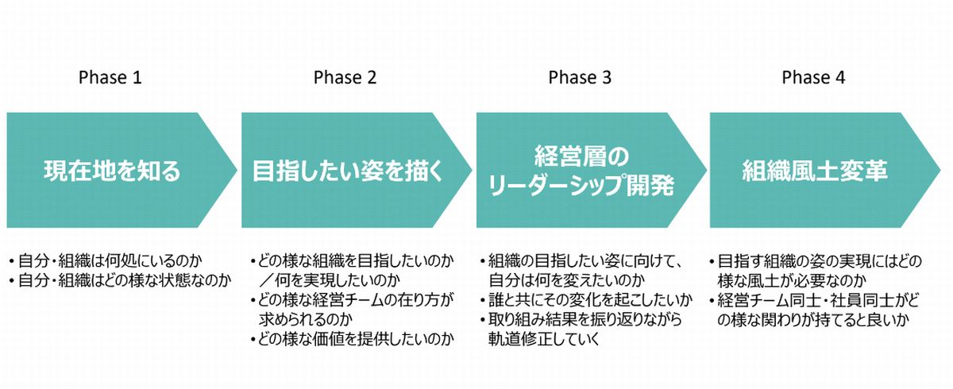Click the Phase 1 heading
(x=110, y=78)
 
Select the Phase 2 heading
(x=345, y=78)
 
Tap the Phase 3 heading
(x=580, y=78)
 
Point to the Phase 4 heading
(x=813, y=78)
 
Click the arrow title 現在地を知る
(x=112, y=171)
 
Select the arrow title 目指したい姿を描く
(x=348, y=171)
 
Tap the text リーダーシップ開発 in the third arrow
(x=581, y=185)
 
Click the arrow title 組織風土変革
(x=815, y=171)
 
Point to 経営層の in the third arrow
(x=581, y=156)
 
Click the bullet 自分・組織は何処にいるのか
(x=106, y=260)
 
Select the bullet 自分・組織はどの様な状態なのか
(x=121, y=280)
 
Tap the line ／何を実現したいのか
(x=330, y=280)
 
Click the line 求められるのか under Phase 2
(x=306, y=320)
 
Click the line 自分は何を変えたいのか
(x=566, y=280)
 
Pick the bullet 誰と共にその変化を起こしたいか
(x=586, y=300)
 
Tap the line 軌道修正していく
(x=544, y=339)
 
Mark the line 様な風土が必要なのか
(x=792, y=280)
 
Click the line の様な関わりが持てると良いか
(x=813, y=320)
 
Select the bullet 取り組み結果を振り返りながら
(x=581, y=320)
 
